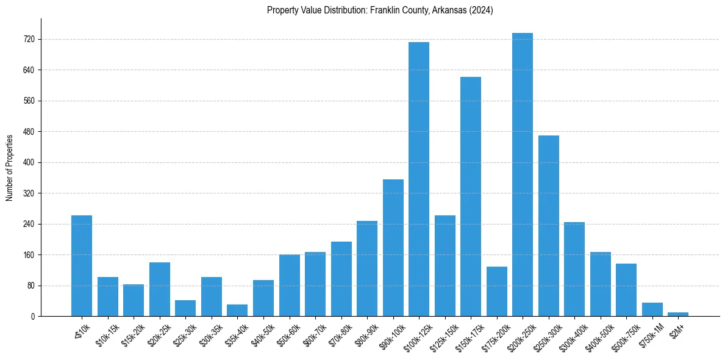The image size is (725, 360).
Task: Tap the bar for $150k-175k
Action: click(x=471, y=196)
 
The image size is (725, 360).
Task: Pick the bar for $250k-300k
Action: click(x=549, y=226)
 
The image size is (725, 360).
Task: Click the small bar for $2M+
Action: click(x=678, y=314)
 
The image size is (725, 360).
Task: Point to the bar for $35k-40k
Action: click(x=237, y=310)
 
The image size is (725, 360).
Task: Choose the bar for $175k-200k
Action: click(x=497, y=292)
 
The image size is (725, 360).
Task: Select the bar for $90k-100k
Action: click(x=393, y=248)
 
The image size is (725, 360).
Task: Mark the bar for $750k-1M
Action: click(x=652, y=309)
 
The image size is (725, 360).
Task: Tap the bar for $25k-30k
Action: click(x=185, y=308)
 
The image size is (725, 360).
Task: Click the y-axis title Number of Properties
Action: click(x=9, y=167)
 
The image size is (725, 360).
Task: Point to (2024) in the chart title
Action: click(x=481, y=10)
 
